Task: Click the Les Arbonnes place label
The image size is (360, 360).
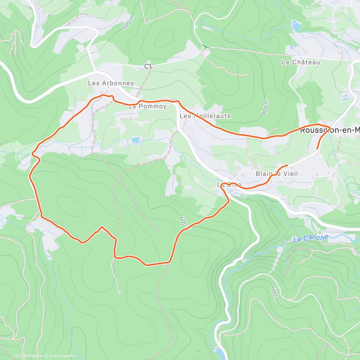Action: click(111, 83)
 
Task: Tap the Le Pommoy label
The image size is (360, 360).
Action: click(147, 106)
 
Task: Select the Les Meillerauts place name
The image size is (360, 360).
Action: click(205, 116)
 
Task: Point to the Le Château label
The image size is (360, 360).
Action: click(301, 62)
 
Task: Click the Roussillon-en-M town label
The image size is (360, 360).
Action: click(330, 130)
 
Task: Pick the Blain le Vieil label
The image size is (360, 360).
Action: click(277, 174)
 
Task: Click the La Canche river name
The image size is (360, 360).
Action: click(311, 238)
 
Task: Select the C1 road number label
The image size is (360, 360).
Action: click(148, 66)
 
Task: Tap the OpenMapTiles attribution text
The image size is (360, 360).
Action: click(31, 356)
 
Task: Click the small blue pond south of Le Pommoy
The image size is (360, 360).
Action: click(136, 140)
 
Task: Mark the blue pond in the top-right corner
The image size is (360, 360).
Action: click(296, 26)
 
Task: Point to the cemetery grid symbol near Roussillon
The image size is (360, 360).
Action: click(300, 108)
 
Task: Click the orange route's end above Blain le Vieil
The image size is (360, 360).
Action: click(287, 165)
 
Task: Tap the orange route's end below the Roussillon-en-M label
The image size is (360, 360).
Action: click(317, 148)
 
